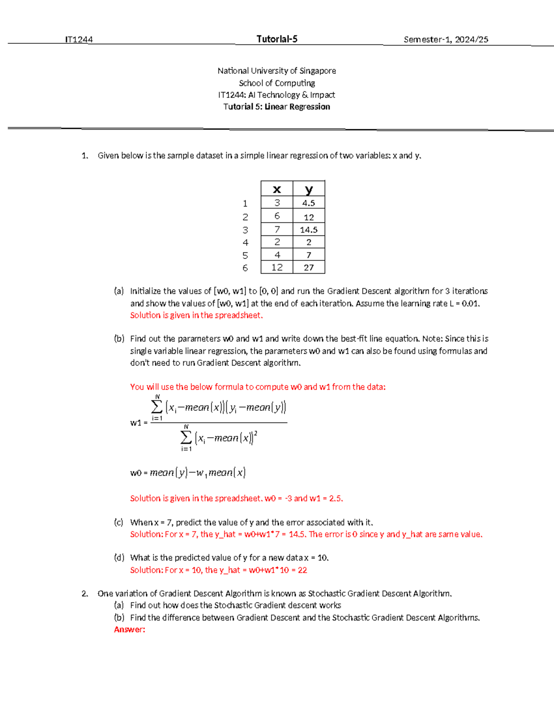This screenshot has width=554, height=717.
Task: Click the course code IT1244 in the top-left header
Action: (79, 40)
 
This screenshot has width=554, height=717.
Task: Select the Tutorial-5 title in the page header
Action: (277, 39)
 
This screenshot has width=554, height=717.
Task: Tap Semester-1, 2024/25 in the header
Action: (446, 40)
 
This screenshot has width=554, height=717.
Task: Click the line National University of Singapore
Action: (277, 71)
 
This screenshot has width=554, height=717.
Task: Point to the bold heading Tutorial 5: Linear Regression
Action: (277, 107)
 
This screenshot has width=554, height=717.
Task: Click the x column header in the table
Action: (277, 189)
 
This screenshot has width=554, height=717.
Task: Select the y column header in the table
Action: (309, 189)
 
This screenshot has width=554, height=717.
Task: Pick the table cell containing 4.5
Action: (309, 203)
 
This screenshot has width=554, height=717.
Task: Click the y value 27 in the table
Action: (309, 267)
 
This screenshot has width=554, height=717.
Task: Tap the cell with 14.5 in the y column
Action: (309, 229)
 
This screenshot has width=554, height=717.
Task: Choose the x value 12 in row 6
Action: (277, 267)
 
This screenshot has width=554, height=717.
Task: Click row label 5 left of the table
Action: (245, 255)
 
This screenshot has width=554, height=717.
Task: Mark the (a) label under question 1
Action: (119, 291)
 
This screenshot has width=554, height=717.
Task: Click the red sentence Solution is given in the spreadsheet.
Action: (196, 315)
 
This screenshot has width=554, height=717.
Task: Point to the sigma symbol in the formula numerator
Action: (157, 407)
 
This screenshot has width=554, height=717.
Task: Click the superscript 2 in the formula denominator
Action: (256, 433)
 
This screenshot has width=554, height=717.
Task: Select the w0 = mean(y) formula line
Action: (188, 473)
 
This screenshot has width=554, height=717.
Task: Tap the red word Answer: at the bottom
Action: (129, 630)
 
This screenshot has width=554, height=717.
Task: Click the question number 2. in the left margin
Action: (84, 594)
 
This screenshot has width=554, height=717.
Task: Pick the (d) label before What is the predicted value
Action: (119, 558)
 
